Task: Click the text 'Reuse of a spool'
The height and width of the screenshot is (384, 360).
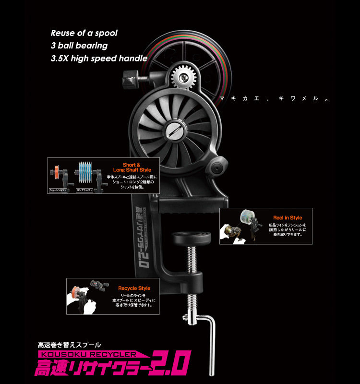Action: point(84,33)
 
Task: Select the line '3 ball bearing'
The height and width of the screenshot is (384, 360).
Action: point(79,46)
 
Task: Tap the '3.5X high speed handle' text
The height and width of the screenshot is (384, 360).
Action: point(99,59)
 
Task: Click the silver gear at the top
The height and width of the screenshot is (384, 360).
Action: point(182,76)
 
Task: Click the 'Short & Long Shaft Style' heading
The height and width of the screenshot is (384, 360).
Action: point(132,167)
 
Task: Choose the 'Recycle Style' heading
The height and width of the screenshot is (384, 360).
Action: point(134,288)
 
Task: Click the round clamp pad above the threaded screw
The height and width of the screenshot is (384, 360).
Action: point(192,236)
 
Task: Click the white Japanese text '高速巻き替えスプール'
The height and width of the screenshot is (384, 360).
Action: point(70,344)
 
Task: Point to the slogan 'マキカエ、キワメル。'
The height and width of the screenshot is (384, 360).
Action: point(273,99)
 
